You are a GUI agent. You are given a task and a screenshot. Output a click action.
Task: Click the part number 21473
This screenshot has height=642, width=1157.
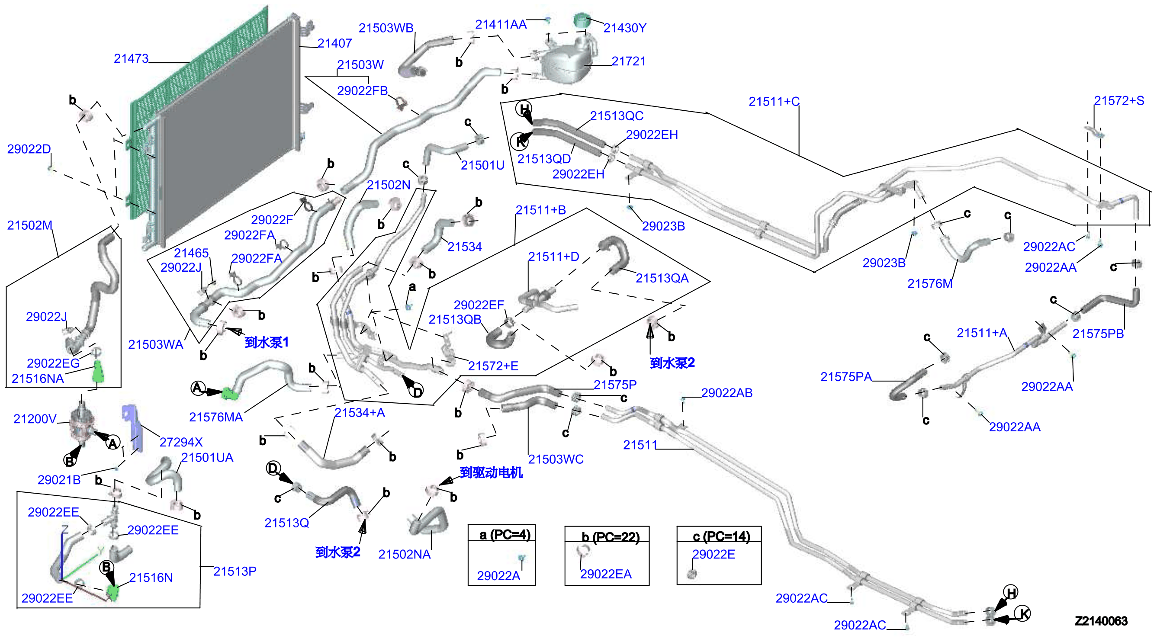pos(131,59)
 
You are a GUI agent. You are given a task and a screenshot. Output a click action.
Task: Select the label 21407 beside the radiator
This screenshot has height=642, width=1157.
pos(334,44)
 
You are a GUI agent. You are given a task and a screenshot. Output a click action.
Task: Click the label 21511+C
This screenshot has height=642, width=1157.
pos(774,102)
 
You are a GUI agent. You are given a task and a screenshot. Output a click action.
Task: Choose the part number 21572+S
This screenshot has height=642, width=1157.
pos(1118,100)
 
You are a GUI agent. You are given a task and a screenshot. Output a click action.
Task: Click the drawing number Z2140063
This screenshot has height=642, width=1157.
pos(1100,621)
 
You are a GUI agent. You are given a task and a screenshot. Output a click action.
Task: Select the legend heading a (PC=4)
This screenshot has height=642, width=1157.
pos(505,535)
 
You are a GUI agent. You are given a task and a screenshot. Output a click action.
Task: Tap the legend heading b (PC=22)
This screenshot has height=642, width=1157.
pos(611,537)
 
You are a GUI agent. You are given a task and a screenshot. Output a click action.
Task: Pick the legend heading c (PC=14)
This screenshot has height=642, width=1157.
pos(721,536)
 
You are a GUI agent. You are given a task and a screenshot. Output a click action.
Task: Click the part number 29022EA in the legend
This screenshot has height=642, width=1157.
pos(605,574)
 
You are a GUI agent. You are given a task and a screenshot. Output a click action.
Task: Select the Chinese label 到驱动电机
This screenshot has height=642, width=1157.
pos(491,473)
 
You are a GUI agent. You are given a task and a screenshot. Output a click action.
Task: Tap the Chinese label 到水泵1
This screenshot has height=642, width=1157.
pos(267,343)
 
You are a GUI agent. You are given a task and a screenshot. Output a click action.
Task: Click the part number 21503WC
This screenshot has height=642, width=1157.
pos(556,459)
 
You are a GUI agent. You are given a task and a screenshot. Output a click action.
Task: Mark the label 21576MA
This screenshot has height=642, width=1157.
pos(215,417)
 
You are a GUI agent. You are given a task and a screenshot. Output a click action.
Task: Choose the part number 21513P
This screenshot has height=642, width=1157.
pos(235,571)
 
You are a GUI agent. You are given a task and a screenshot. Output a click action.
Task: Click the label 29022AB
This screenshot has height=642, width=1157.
pos(726,393)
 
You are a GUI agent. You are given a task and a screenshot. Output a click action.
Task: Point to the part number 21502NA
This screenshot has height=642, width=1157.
pos(404,555)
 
